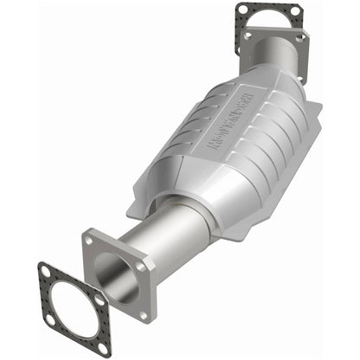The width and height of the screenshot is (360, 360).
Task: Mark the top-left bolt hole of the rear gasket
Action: coord(243,10)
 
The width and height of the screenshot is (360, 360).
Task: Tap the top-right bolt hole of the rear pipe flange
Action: coord(300,38)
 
